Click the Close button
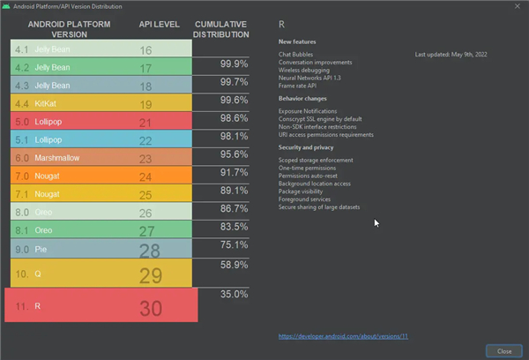[x=504, y=350]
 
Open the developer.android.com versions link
[x=344, y=336]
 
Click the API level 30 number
[x=151, y=307]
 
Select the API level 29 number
[x=151, y=275]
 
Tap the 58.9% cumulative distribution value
[x=233, y=265]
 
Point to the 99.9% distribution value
[x=233, y=64]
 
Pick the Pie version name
[x=41, y=250]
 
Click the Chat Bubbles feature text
[x=298, y=55]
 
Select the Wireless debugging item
[x=305, y=71]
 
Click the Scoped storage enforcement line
[x=316, y=160]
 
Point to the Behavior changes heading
[x=303, y=99]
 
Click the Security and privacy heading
[x=305, y=147]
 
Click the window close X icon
[x=517, y=6]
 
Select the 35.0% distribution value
[x=233, y=294]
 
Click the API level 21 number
[x=146, y=121]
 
